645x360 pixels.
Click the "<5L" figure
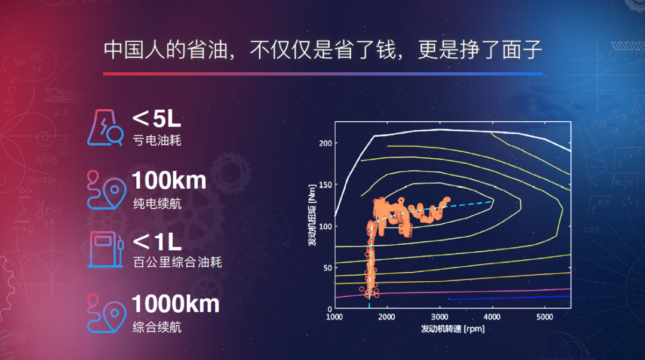(156, 119)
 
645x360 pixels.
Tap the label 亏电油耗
(156, 140)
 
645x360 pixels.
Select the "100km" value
(169, 181)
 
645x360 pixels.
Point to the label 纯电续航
(156, 203)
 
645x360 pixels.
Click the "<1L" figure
(157, 242)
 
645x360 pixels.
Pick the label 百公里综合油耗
(177, 262)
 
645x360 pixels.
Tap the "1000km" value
(176, 304)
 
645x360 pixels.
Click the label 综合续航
(156, 327)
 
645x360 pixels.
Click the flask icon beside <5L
(105, 128)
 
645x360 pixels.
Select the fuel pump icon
(105, 250)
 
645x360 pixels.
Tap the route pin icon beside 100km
(106, 190)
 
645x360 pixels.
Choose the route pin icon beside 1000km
(106, 313)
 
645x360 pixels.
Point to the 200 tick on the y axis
(325, 143)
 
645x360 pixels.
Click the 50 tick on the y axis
(327, 268)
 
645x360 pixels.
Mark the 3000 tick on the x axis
(440, 317)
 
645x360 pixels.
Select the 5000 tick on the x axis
(545, 317)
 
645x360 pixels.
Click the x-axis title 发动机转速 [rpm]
(453, 329)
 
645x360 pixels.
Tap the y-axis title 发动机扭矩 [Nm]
(312, 215)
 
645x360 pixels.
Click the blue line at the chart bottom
(509, 297)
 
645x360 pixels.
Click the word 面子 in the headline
(521, 50)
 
